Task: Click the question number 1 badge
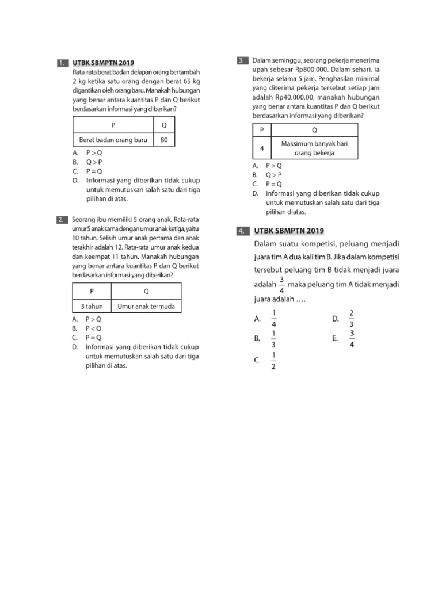(x=63, y=62)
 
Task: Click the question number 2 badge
(x=63, y=220)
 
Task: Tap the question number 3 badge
(x=242, y=60)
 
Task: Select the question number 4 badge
(x=242, y=231)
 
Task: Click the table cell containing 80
(x=164, y=140)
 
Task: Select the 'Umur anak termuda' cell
(x=146, y=306)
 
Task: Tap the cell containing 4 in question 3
(x=262, y=148)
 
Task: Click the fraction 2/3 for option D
(x=352, y=318)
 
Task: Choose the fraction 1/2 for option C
(x=273, y=361)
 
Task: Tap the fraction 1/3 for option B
(x=273, y=339)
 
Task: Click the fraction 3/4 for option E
(x=352, y=339)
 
